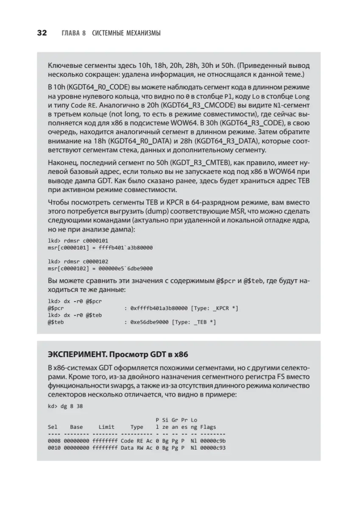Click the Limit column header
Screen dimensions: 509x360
point(106,427)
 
